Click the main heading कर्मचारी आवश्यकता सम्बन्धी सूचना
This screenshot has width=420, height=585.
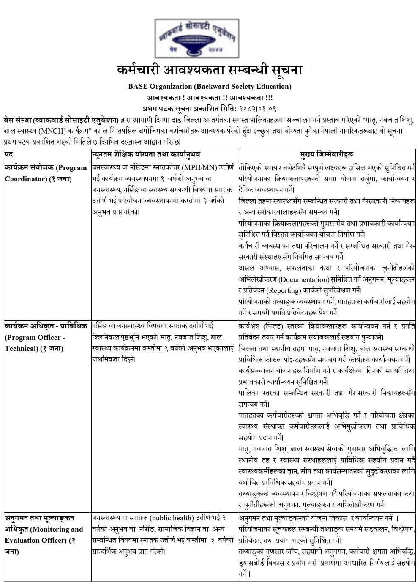(210, 70)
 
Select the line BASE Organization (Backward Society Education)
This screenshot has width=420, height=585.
(210, 87)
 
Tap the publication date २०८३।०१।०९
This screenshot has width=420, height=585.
(258, 109)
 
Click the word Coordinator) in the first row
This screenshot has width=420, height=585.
(26, 179)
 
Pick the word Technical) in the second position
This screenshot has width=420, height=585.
(22, 348)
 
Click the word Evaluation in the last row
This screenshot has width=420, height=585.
(21, 540)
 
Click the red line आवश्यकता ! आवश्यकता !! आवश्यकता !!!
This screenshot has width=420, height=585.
(210, 98)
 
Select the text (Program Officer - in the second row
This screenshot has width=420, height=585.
(35, 337)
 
